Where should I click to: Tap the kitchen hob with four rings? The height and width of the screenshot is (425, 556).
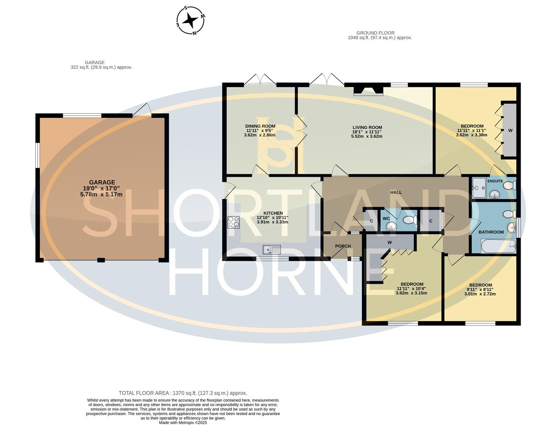[233, 222]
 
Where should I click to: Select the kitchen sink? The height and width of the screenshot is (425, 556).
[272, 249]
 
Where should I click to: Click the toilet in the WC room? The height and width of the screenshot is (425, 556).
[410, 219]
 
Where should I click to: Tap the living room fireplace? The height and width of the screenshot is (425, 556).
[368, 91]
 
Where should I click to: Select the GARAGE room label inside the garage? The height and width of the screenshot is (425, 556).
[102, 182]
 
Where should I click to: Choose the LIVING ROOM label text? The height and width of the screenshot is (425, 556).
[367, 128]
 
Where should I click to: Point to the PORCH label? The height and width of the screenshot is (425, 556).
[343, 246]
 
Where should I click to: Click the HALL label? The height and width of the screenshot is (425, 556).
[396, 192]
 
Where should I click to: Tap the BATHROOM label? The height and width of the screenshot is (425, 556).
[491, 232]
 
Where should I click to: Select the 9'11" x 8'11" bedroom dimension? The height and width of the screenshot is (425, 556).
[480, 289]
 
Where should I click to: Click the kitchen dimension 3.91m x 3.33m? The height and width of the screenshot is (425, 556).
[272, 222]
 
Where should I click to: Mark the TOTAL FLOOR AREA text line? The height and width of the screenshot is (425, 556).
[183, 393]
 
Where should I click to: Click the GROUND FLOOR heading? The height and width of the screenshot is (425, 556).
[375, 33]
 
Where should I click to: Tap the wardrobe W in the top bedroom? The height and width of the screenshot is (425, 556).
[510, 130]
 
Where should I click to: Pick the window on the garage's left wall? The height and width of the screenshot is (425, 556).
[37, 155]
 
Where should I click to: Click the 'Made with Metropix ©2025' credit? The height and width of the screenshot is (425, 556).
[183, 423]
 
